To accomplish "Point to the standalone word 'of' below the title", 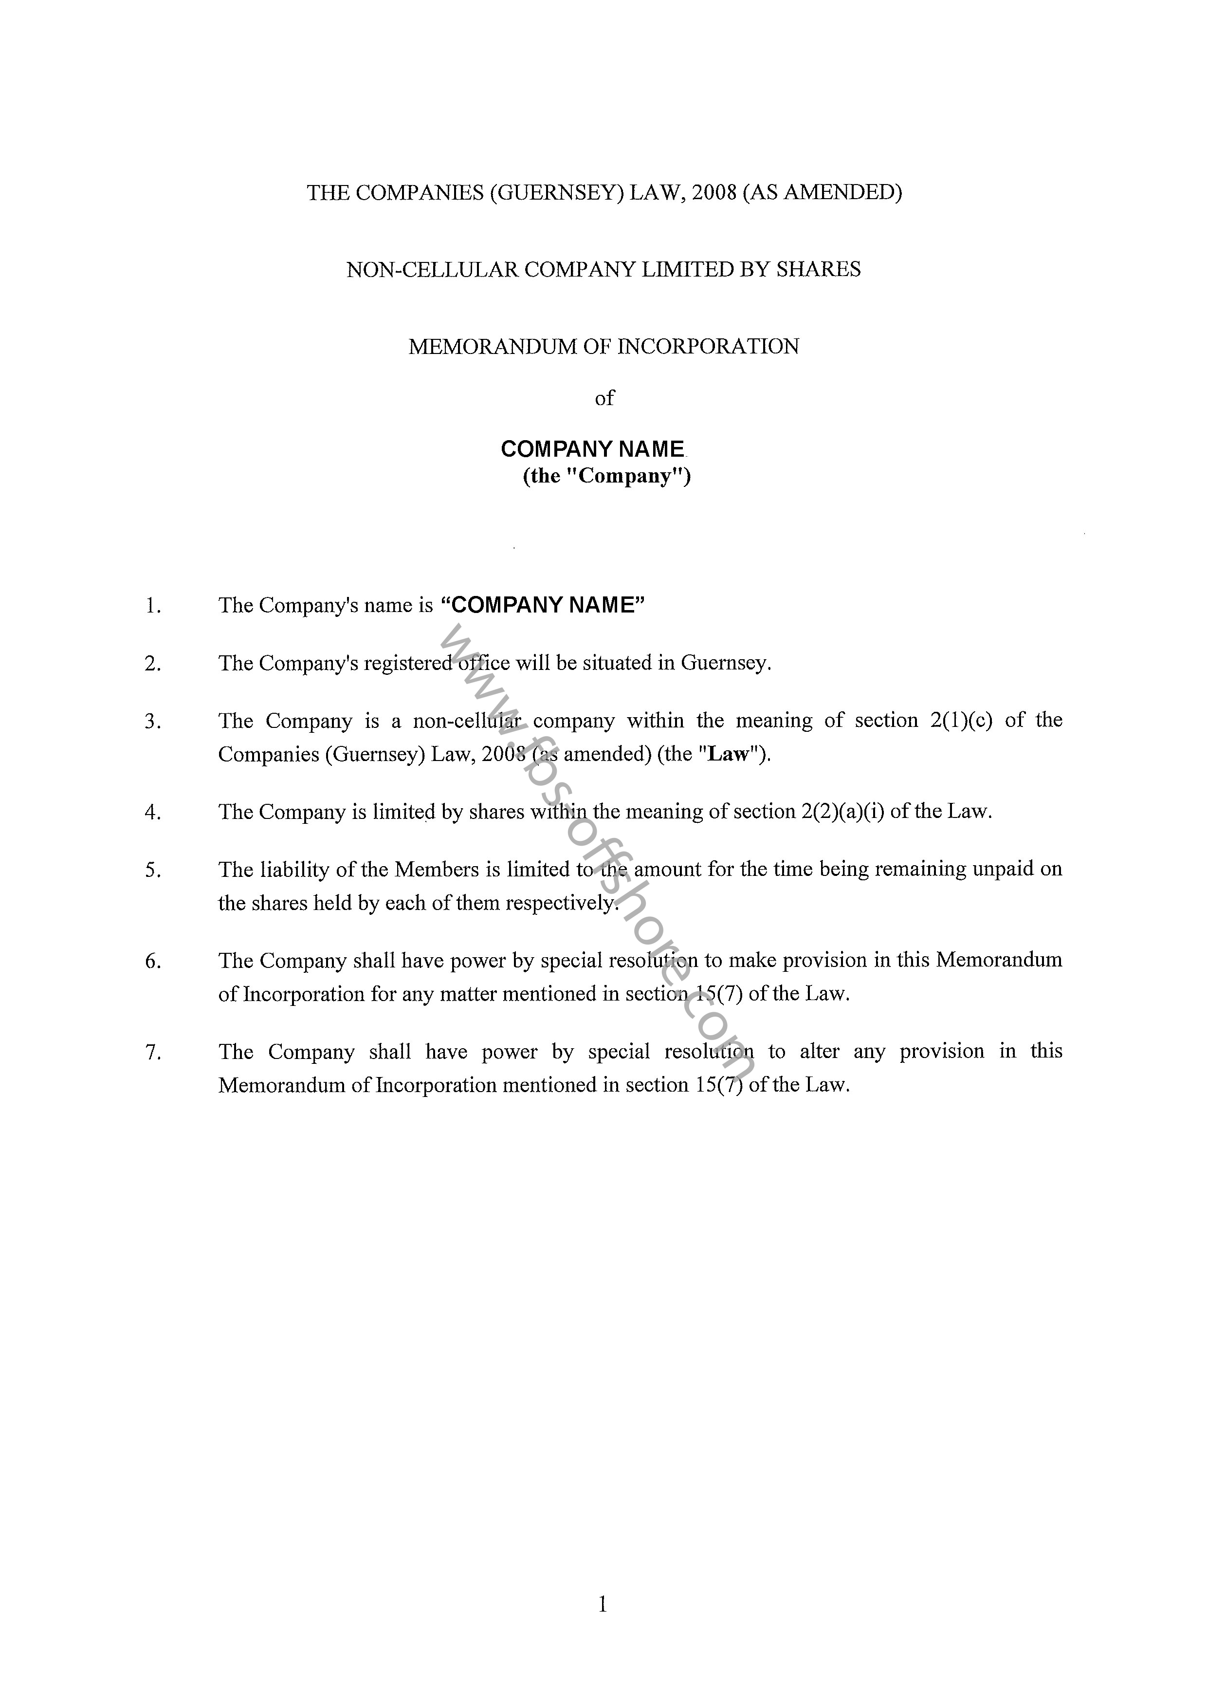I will coord(604,399).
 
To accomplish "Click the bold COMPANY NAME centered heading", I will coord(593,449).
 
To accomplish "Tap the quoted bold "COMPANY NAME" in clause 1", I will coord(543,605).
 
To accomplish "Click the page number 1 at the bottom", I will coord(603,1605).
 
